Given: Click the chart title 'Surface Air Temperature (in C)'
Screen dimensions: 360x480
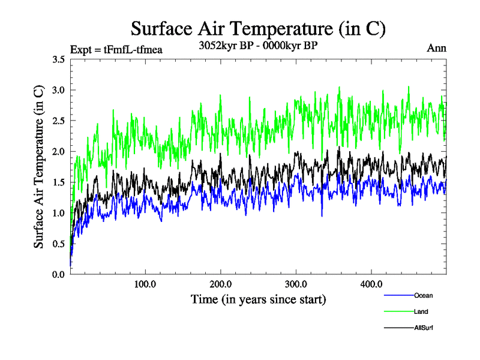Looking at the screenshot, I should click(x=258, y=29).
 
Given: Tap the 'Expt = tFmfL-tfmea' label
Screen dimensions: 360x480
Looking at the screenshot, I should click(x=116, y=49).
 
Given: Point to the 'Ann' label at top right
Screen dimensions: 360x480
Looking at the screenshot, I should click(x=436, y=49).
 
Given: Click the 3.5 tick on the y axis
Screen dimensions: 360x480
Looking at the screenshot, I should click(x=59, y=59).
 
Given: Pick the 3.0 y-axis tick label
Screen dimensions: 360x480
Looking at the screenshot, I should click(x=59, y=90).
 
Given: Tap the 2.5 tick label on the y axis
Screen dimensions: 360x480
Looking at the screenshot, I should click(x=59, y=121).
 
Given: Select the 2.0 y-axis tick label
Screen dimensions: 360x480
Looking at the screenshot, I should click(x=59, y=151).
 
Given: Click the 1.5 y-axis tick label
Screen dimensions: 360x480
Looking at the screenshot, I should click(x=59, y=182).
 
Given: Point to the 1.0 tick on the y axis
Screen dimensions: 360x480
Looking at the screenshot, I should click(x=59, y=213).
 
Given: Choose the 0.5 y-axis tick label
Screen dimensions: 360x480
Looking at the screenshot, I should click(x=59, y=244).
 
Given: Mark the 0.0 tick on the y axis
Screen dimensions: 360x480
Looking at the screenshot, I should click(x=59, y=274).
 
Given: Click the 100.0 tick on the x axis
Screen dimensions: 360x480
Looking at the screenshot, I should click(x=145, y=284).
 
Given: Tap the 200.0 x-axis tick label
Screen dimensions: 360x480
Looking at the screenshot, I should click(x=221, y=284).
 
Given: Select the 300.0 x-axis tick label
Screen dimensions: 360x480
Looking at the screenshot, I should click(x=296, y=284).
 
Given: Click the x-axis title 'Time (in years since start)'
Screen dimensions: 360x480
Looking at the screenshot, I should click(x=258, y=299).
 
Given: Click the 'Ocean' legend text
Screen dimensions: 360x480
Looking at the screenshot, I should click(x=423, y=295).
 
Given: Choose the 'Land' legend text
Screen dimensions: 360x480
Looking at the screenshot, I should click(x=421, y=311).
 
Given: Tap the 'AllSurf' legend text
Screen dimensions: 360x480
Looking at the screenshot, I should click(x=424, y=328).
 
